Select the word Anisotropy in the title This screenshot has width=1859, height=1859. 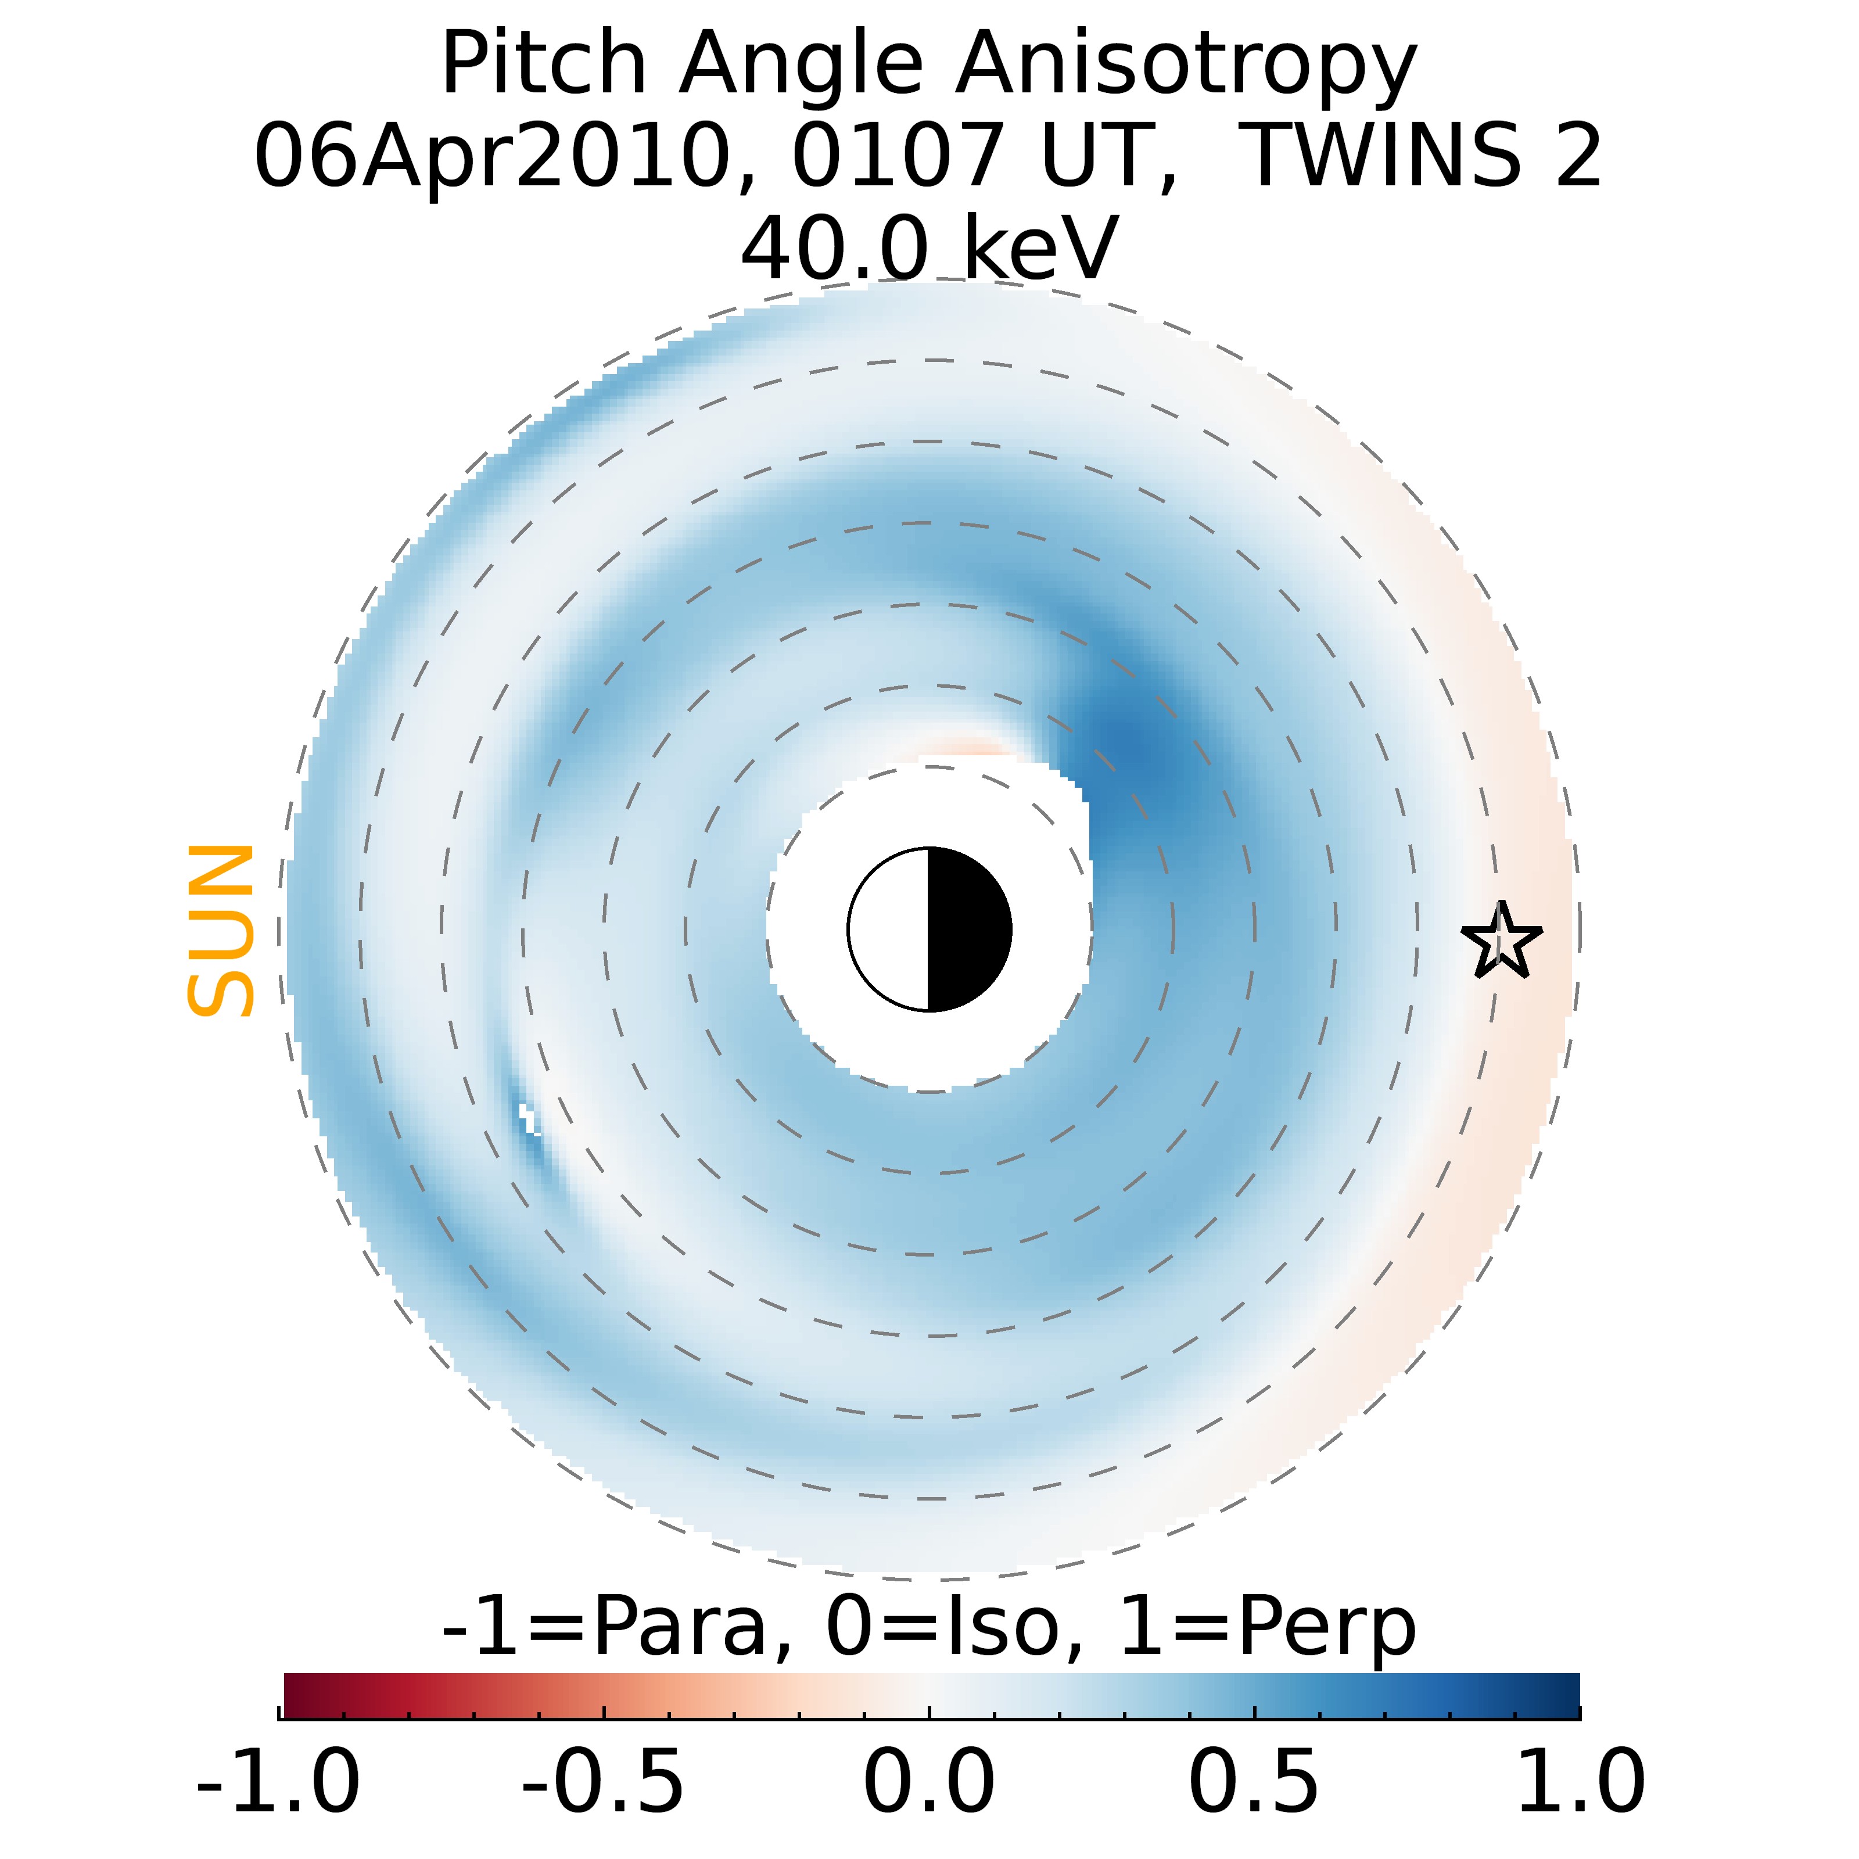1186,66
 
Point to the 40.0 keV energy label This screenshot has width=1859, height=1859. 928,247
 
